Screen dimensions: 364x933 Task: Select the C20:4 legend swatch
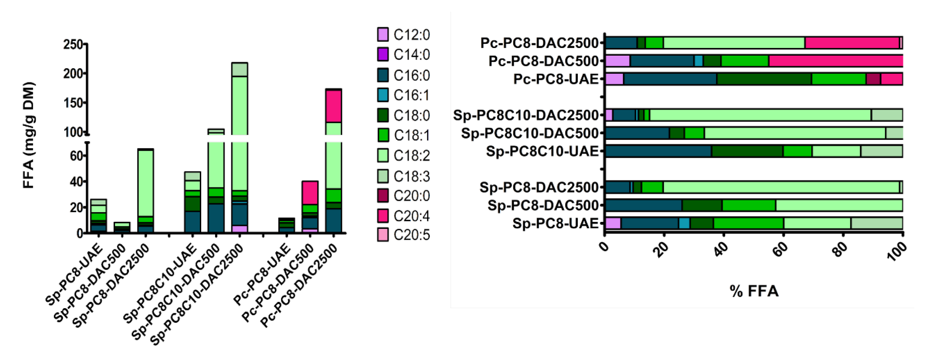point(383,215)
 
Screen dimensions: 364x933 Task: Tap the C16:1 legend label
point(412,95)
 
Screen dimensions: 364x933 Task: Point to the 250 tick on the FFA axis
point(74,45)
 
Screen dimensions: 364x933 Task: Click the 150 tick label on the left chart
point(74,103)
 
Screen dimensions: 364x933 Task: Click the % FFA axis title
point(754,291)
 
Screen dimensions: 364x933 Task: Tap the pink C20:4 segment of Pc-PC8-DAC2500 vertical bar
point(334,106)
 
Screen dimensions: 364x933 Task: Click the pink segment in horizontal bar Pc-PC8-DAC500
point(835,61)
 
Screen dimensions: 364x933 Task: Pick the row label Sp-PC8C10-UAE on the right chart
point(542,151)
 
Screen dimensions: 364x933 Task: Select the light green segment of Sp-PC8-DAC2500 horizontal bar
point(780,187)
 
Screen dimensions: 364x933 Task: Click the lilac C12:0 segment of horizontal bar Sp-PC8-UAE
point(613,223)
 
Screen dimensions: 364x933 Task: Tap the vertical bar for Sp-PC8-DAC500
point(122,227)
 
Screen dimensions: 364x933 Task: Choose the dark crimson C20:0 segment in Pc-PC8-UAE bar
point(873,79)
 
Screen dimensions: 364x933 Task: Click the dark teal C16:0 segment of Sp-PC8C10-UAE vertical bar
point(192,222)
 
